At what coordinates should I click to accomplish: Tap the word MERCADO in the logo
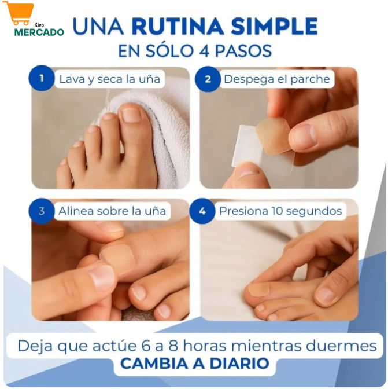[39, 32]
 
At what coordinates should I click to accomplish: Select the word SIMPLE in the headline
[274, 26]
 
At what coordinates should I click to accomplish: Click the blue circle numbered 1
[42, 78]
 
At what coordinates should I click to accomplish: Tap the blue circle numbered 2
[208, 79]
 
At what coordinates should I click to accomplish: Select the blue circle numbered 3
[42, 211]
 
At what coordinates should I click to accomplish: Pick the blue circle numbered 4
[202, 211]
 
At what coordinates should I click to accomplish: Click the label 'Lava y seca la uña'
[109, 79]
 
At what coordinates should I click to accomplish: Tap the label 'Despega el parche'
[277, 79]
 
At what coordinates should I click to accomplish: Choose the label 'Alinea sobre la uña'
[112, 211]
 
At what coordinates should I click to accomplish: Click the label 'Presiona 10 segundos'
[280, 211]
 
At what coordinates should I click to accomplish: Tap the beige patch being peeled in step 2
[273, 136]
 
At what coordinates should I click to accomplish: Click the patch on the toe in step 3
[116, 258]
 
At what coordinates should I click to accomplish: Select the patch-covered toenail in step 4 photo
[258, 290]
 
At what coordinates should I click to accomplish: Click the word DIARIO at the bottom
[239, 364]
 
